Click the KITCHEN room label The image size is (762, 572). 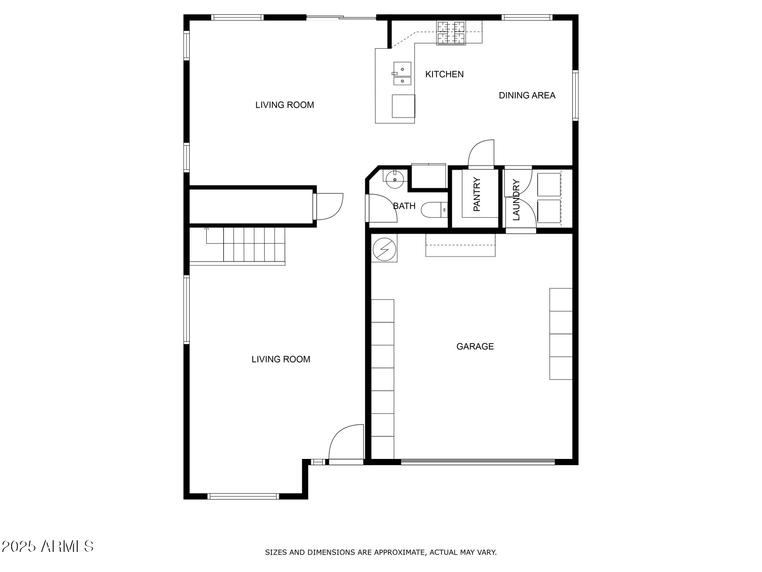(444, 74)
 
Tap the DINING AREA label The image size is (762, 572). (527, 95)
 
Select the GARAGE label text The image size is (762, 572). (475, 346)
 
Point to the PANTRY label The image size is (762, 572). (477, 194)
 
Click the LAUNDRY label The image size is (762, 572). (516, 200)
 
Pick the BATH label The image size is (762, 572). (404, 206)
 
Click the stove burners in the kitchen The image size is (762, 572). (450, 33)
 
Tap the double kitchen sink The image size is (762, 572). (402, 74)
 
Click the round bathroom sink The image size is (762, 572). (395, 180)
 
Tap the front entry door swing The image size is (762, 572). (346, 442)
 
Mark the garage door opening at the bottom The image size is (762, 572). (478, 462)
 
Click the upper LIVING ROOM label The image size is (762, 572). (284, 105)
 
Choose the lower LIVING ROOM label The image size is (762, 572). (281, 359)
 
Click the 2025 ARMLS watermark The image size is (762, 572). (48, 546)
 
